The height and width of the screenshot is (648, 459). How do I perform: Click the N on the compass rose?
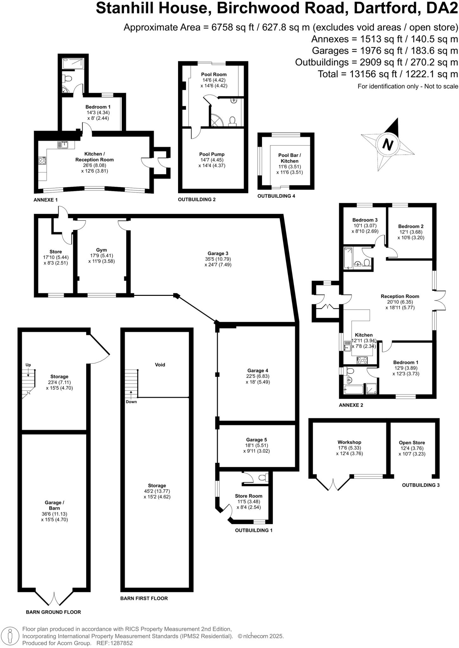pos(387,145)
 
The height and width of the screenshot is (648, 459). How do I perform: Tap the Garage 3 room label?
pos(218,253)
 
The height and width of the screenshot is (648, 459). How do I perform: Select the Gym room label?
pos(101,250)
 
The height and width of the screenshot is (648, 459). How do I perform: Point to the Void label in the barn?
pos(160,364)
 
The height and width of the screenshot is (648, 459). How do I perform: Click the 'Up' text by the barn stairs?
pos(28,365)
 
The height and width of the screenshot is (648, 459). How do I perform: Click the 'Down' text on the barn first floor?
pos(131,402)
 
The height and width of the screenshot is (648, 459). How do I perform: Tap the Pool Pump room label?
pos(212,154)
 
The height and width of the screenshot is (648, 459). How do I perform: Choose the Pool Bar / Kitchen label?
pos(290,158)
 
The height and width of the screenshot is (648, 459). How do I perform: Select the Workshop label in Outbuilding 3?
pos(349,442)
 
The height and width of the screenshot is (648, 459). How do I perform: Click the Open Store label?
pos(412,443)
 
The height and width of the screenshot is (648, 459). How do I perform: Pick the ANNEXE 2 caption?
pos(351,405)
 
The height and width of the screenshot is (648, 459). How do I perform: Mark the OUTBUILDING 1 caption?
pos(253,530)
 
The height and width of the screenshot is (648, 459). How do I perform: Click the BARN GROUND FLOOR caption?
pos(53,612)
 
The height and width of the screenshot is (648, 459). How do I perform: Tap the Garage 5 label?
pos(257,440)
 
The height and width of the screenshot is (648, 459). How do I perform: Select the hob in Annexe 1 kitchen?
pos(42,161)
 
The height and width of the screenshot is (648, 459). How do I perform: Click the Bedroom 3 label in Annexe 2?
pos(365,220)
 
